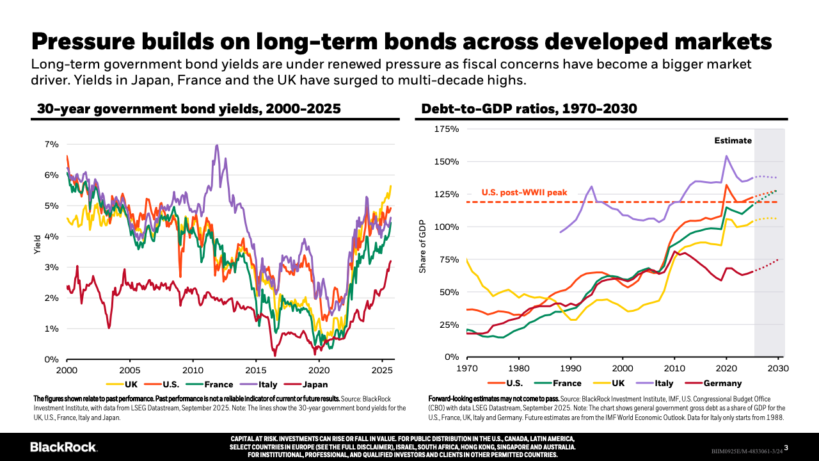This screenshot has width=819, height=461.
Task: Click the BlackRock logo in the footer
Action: [63, 446]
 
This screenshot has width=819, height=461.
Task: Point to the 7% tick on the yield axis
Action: [51, 144]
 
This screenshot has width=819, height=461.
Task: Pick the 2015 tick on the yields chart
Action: [256, 370]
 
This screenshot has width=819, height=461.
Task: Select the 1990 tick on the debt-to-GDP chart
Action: [571, 368]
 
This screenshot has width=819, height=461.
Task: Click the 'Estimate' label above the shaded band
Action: [733, 141]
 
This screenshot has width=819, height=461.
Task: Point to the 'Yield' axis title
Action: [37, 246]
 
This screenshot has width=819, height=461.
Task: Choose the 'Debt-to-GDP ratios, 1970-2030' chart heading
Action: [529, 109]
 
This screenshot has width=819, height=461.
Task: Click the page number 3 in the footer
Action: [786, 447]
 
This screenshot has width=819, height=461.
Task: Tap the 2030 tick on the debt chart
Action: [778, 368]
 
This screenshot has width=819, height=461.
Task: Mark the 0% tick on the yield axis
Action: [51, 359]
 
